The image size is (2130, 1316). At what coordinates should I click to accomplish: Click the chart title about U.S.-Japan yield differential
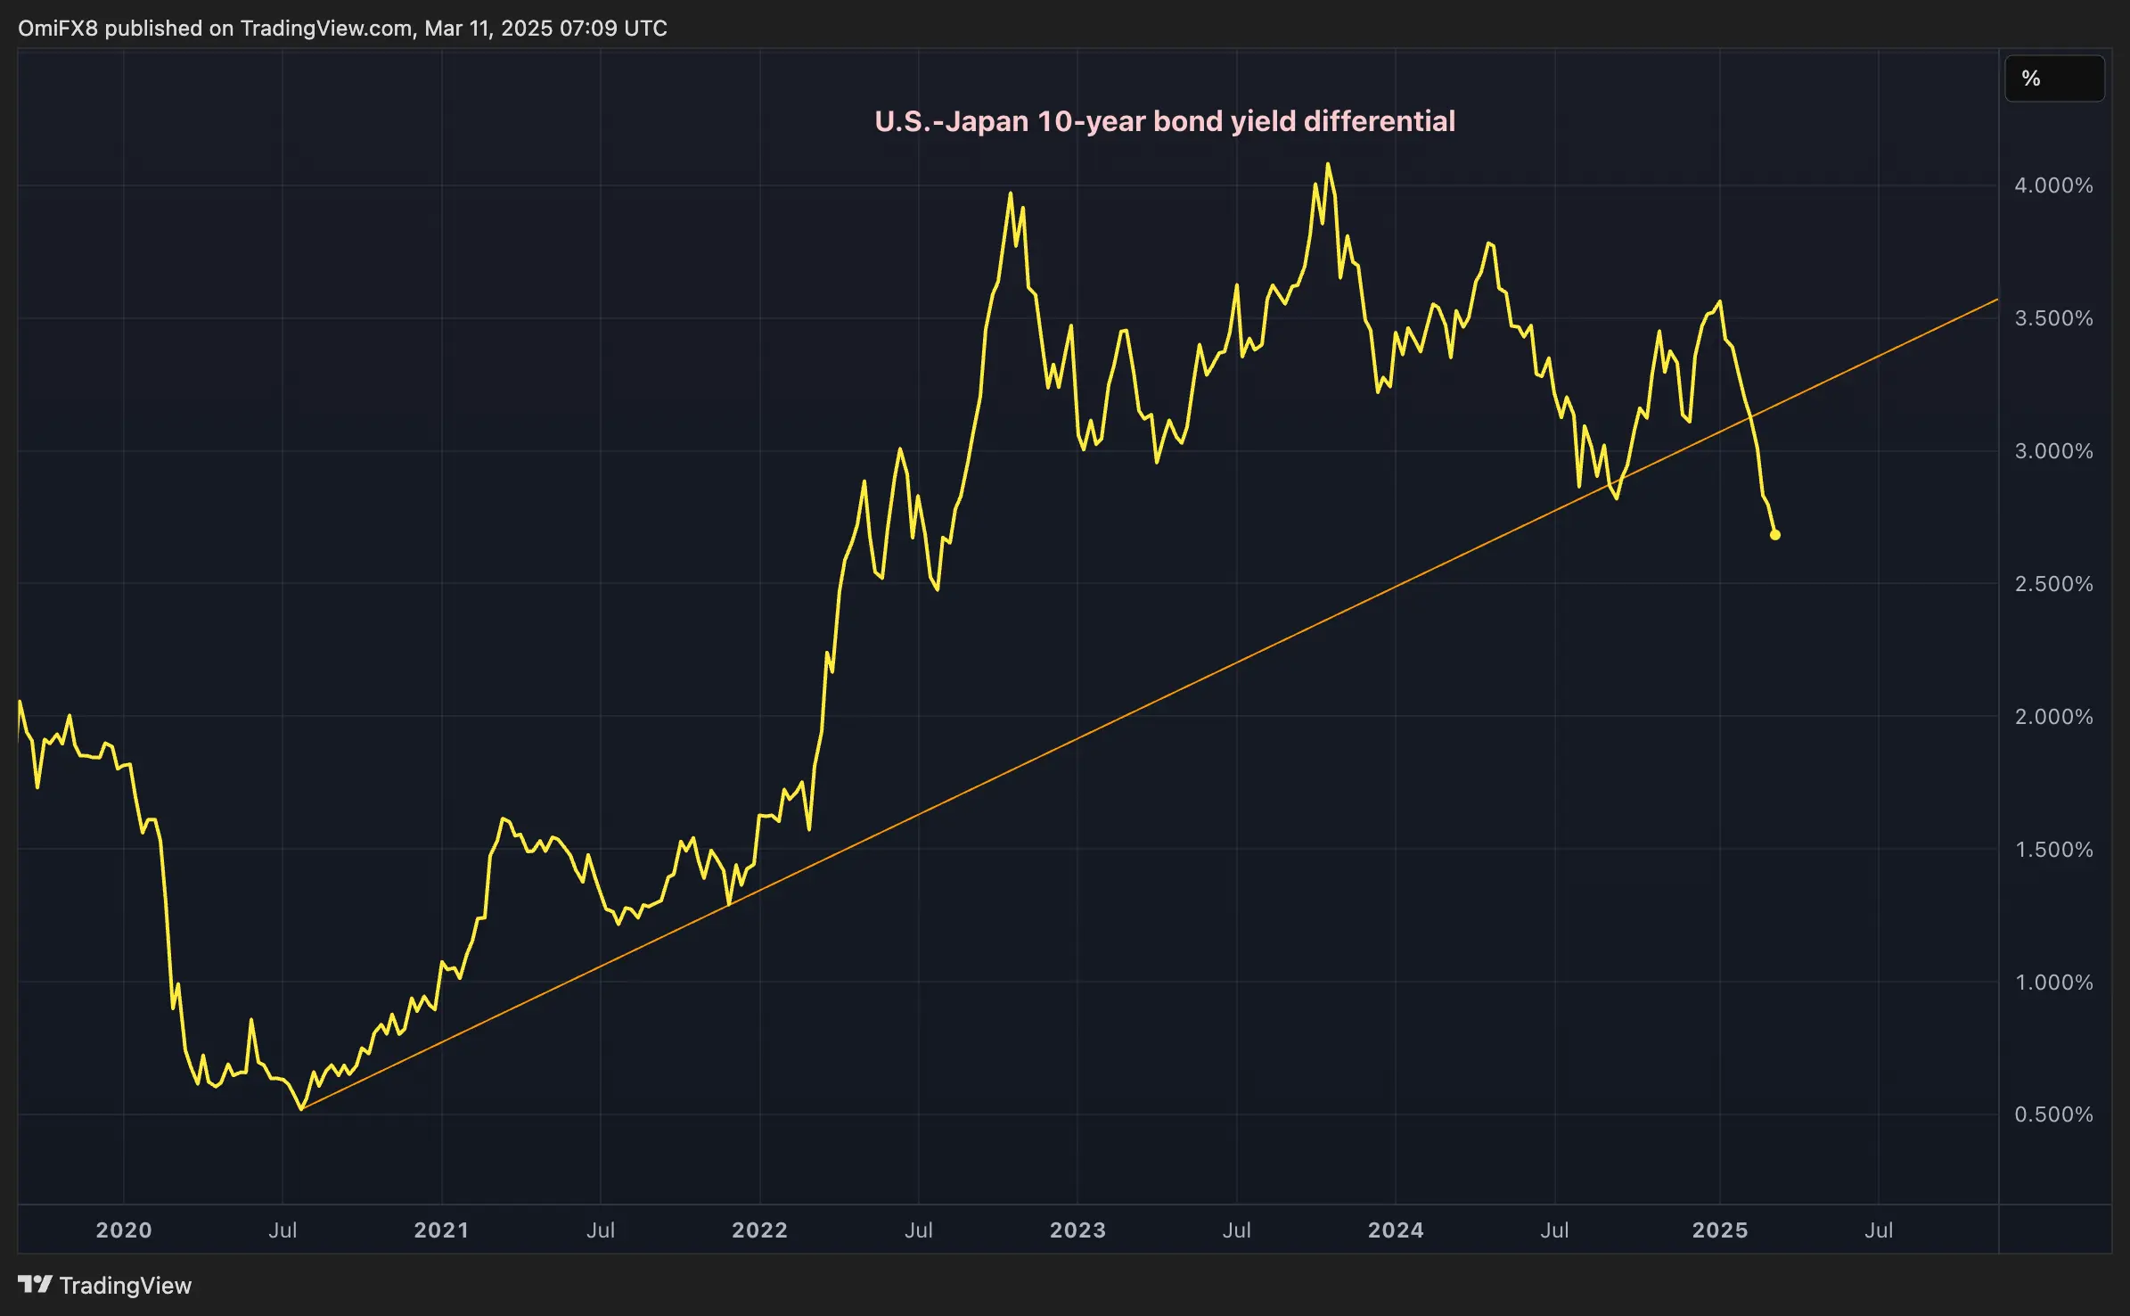(1164, 121)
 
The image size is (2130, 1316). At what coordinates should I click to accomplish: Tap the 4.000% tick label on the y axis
(2053, 185)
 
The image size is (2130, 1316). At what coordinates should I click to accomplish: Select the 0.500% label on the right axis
(2053, 1114)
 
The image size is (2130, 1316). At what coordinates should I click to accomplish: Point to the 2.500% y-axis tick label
(2053, 584)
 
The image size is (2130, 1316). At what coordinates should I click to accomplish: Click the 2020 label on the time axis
(124, 1230)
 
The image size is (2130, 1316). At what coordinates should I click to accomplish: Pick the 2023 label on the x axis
(1077, 1230)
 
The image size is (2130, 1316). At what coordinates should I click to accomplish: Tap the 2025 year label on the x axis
(1720, 1230)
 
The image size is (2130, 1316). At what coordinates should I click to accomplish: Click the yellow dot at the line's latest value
(1774, 535)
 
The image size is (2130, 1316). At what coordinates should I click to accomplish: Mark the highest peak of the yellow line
(1327, 165)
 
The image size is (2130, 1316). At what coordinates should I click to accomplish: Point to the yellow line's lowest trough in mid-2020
(301, 1108)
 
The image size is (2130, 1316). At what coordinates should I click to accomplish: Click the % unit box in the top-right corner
(2053, 78)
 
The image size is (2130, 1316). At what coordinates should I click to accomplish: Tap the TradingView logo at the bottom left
(104, 1285)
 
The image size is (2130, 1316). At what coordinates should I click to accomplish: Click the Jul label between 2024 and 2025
(1554, 1230)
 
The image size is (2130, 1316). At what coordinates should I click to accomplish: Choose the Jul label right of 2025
(1879, 1230)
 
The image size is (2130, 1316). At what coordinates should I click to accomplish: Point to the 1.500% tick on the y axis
(2053, 850)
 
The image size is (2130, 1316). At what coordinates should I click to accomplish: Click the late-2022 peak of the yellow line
(1010, 193)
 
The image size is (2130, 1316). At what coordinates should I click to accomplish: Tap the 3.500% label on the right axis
(2053, 318)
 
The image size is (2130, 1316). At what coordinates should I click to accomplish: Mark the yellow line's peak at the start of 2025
(1719, 302)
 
